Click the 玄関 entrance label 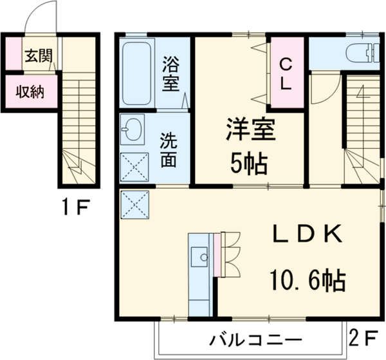(x=39, y=55)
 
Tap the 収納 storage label (x=30, y=92)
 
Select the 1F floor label (x=75, y=207)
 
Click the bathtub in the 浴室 (x=136, y=73)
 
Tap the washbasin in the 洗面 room (x=133, y=129)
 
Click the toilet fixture (x=363, y=53)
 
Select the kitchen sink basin (x=199, y=257)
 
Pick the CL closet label (x=286, y=74)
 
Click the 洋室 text (x=251, y=129)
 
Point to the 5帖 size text (x=249, y=164)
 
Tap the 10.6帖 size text (x=308, y=279)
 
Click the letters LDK (x=307, y=234)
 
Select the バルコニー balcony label (x=255, y=341)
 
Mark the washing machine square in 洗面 (x=134, y=167)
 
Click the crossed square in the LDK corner (x=135, y=205)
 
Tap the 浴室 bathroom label (x=170, y=73)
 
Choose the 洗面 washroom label (x=169, y=150)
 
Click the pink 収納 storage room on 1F (x=31, y=91)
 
